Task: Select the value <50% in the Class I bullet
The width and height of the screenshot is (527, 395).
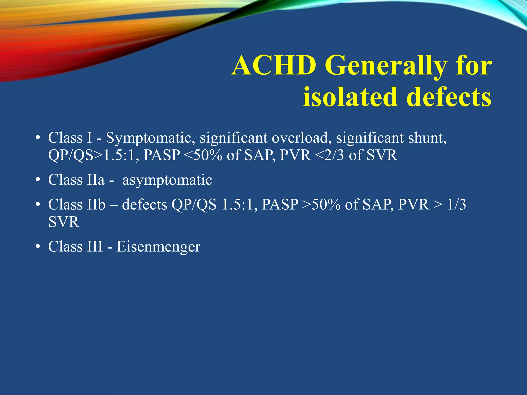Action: pos(203,155)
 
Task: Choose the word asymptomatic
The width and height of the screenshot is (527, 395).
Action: pos(167,180)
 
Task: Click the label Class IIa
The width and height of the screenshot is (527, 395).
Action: pos(76,180)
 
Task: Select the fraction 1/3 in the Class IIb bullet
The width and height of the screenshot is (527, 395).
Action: pos(456,205)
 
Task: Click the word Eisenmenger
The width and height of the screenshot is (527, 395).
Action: pos(159,247)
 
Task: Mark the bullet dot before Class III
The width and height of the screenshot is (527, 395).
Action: pos(38,247)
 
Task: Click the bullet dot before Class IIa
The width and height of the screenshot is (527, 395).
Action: pos(38,180)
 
